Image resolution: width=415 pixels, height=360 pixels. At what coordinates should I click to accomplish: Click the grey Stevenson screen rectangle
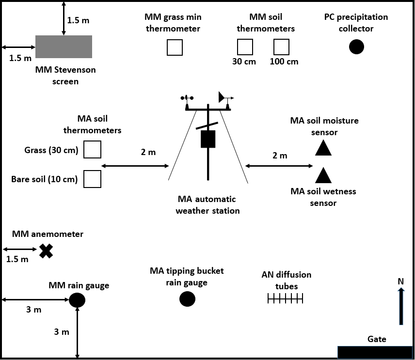coord(64,47)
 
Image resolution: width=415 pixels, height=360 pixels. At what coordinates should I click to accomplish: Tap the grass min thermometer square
coord(175,47)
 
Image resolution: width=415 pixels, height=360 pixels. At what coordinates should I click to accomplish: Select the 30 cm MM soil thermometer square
coord(245,47)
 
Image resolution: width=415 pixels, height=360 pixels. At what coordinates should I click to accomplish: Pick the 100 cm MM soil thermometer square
coord(281,47)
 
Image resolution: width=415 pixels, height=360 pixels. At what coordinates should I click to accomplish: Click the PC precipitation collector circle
coord(357,47)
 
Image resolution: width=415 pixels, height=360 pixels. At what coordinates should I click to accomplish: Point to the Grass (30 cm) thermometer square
coord(92,150)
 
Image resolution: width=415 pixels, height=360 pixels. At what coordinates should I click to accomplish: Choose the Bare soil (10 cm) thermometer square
coord(92,179)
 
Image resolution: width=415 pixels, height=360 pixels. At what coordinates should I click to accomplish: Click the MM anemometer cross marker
coord(46,250)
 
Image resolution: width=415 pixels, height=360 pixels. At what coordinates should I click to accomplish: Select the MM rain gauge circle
coord(77,300)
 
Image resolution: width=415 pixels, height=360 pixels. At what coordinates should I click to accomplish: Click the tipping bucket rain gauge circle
coord(187,299)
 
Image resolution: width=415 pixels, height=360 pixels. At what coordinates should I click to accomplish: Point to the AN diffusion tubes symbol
coord(286,299)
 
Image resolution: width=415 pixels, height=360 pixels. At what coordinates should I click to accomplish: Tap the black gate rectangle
coord(374,352)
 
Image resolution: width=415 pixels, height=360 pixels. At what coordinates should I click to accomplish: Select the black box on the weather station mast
coord(208,139)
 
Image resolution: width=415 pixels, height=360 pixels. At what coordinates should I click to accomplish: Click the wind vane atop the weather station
coord(224,97)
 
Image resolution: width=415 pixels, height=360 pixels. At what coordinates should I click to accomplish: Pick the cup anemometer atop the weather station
coord(187,98)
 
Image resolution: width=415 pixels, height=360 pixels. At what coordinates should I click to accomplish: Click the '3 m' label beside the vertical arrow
coord(61,332)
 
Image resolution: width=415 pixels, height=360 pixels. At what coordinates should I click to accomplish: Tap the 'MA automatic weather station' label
coord(207,205)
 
